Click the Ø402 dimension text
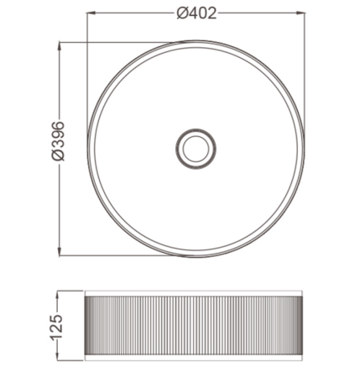[197, 13]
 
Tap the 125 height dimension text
[57, 326]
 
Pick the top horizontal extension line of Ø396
[126, 42]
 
